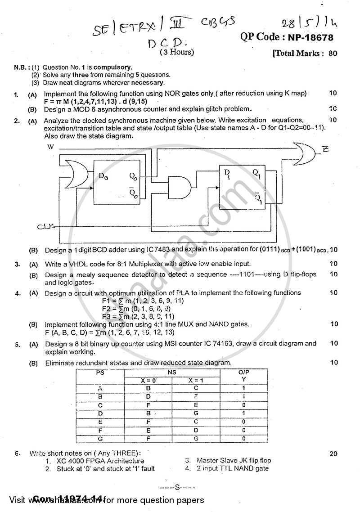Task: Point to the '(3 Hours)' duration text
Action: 177,52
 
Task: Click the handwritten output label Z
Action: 325,149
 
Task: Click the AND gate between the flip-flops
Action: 178,186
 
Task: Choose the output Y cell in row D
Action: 243,413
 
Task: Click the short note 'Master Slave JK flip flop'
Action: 234,460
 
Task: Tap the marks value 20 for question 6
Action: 333,454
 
